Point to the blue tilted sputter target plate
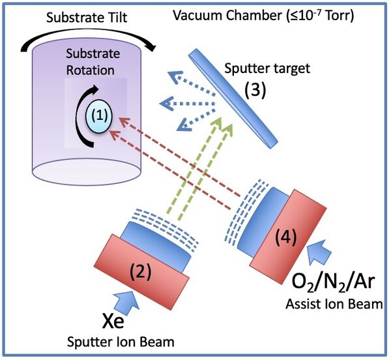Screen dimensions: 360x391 coord(232,98)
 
